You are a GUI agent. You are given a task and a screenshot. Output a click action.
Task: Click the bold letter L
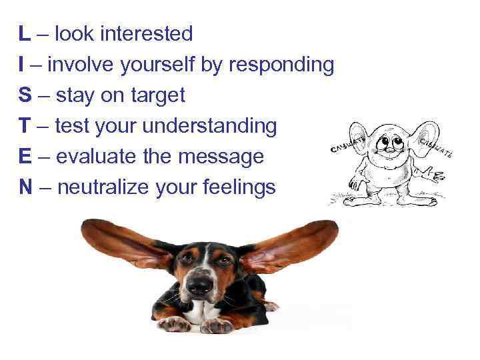pyautogui.click(x=23, y=33)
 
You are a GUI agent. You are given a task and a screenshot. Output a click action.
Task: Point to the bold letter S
pyautogui.click(x=25, y=95)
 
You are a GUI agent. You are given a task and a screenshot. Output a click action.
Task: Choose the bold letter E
pyautogui.click(x=25, y=157)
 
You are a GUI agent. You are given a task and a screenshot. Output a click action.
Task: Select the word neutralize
pyautogui.click(x=103, y=187)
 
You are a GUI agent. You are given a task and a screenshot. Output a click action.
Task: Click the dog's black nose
pyautogui.click(x=199, y=285)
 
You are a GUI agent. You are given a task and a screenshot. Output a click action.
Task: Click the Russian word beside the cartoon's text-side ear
pyautogui.click(x=347, y=145)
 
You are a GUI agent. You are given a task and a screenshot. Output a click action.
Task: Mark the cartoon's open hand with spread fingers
pyautogui.click(x=437, y=176)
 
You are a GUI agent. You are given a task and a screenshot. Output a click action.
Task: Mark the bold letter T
pyautogui.click(x=24, y=126)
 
